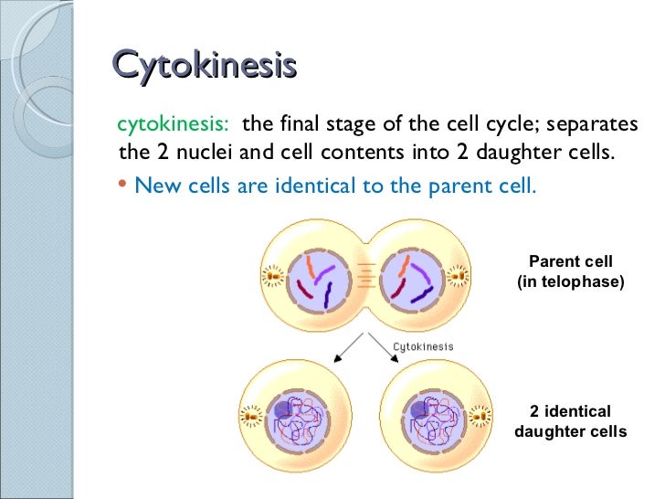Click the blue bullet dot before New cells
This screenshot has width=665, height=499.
[x=124, y=186]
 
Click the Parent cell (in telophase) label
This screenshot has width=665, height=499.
[x=570, y=272]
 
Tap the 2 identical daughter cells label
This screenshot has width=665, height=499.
[x=570, y=421]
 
